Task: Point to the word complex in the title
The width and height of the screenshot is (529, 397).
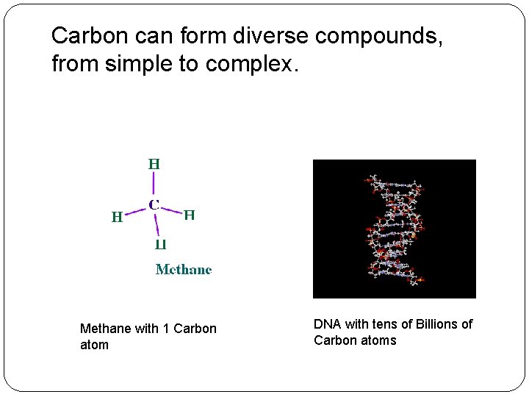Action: (x=250, y=65)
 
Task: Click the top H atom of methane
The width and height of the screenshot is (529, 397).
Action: (x=154, y=164)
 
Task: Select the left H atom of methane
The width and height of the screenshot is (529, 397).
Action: (x=117, y=217)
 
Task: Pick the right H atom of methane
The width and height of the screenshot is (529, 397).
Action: (x=189, y=215)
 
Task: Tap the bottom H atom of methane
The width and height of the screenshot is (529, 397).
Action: (x=159, y=244)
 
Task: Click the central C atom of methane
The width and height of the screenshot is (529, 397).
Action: (x=155, y=204)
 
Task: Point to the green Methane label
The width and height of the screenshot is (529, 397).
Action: (x=184, y=270)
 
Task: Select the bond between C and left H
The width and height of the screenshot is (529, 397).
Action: (x=136, y=212)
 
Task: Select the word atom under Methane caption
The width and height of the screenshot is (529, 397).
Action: (x=94, y=345)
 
